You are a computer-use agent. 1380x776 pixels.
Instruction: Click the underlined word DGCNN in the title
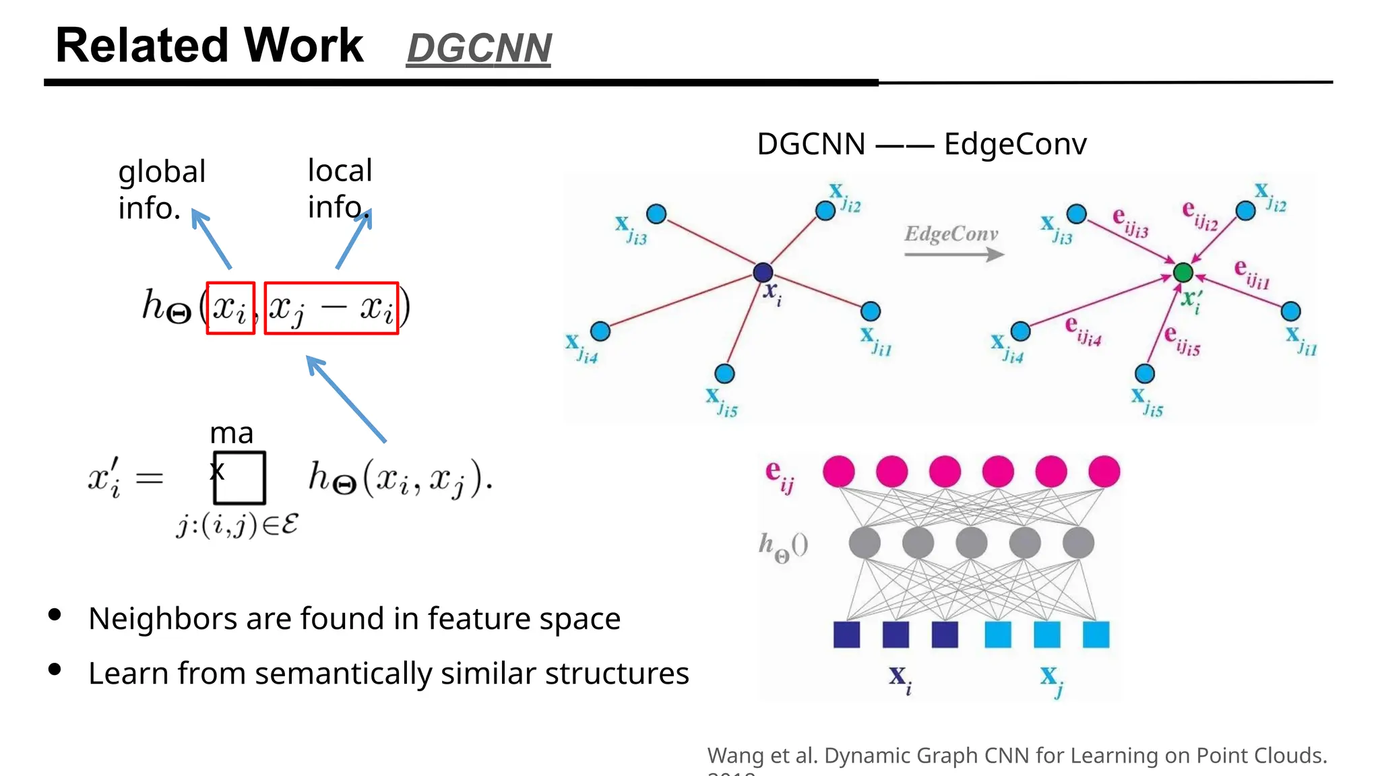point(478,48)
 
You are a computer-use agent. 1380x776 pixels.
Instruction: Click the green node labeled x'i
point(1183,273)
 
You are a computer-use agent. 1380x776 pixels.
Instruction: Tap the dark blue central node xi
point(763,272)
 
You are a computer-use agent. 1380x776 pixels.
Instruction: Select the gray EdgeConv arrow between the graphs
point(953,255)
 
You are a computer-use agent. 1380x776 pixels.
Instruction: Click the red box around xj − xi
point(331,308)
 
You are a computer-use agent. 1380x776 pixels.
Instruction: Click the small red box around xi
point(230,308)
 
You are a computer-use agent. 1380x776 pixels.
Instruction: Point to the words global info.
point(162,189)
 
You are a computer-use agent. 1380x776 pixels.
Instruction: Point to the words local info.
point(340,189)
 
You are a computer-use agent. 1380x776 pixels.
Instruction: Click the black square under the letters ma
point(240,478)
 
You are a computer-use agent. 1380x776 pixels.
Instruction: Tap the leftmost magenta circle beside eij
point(839,471)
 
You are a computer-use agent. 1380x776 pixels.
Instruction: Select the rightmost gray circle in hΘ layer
point(1078,542)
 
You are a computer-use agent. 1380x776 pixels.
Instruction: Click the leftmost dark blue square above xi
point(846,635)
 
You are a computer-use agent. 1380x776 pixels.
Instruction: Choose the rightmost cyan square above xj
point(1096,635)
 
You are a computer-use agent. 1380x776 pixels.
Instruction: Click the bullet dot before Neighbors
point(55,614)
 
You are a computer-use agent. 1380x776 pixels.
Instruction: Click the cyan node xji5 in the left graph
point(724,373)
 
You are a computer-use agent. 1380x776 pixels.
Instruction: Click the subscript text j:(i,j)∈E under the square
point(237,525)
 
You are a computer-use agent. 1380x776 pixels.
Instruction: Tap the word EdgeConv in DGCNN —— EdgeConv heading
point(1015,144)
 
